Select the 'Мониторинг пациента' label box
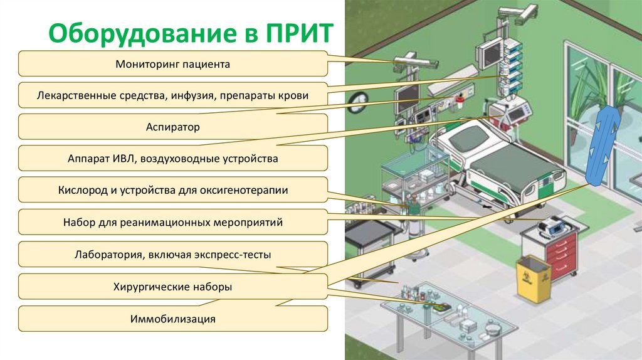173,64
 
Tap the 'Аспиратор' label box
173,127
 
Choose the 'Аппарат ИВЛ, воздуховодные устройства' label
173,158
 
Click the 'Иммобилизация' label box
173,319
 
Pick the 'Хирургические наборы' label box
173,287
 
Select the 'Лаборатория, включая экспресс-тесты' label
173,255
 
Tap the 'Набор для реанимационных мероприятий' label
173,222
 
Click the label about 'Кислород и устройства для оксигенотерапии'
173,190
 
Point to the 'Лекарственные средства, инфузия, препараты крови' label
173,95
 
